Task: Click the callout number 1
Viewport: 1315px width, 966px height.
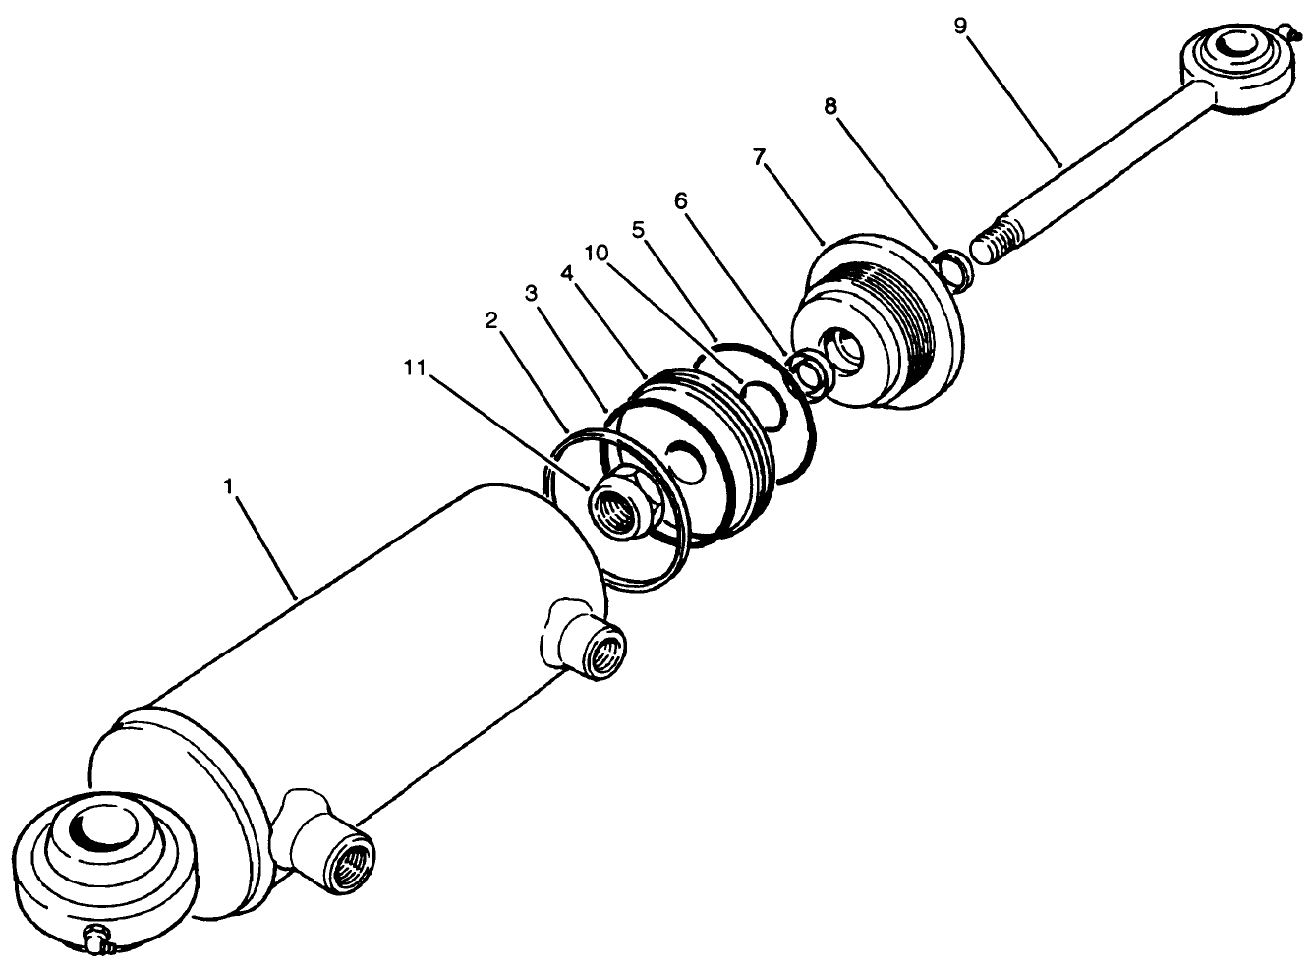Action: (228, 486)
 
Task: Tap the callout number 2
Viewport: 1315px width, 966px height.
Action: (492, 320)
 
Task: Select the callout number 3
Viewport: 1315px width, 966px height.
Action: (532, 293)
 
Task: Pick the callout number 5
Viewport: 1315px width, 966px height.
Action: (638, 230)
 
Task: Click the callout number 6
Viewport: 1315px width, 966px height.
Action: (680, 200)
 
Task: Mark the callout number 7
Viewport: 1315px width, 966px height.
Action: (760, 158)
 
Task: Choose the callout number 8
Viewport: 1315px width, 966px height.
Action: (830, 106)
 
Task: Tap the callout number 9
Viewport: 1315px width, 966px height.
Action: (959, 24)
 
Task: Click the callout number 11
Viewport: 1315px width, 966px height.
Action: (417, 369)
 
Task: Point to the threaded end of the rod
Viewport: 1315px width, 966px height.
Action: (998, 239)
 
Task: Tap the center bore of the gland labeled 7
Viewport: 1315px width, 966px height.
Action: (846, 350)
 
